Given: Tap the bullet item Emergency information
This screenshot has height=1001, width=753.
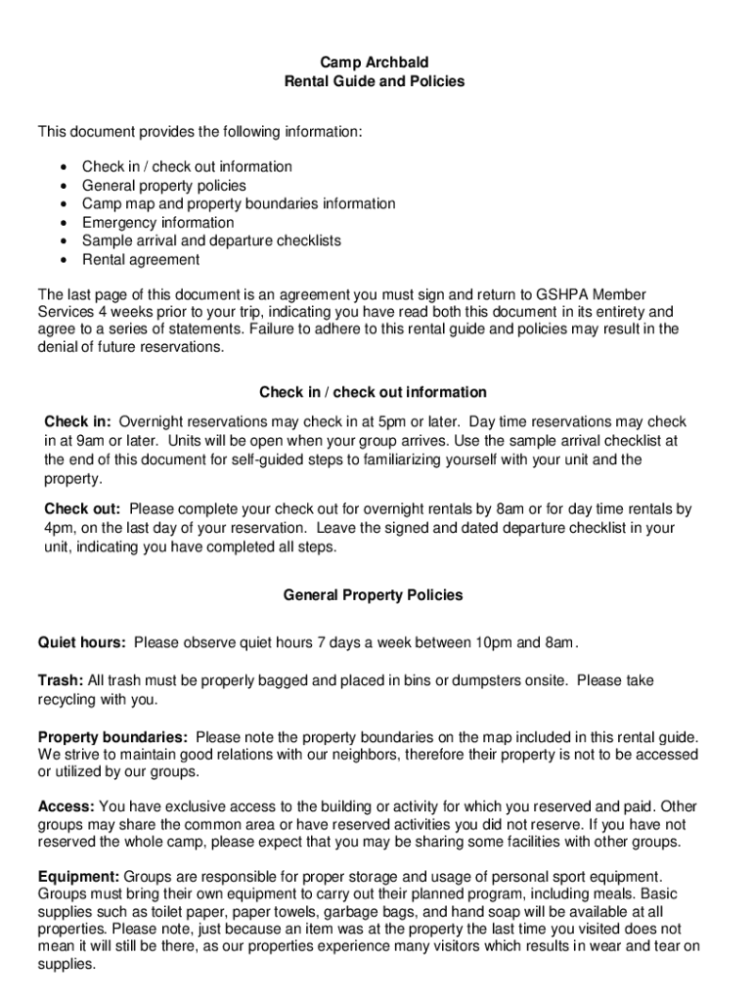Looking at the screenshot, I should [157, 222].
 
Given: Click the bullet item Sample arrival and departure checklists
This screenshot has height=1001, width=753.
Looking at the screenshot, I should [211, 240].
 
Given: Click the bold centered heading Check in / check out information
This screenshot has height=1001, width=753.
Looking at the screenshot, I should [373, 392].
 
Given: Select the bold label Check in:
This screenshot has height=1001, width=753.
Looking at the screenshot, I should [77, 421].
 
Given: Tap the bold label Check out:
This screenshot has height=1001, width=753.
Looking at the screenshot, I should [82, 508].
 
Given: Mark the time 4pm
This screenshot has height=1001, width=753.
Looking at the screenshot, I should [60, 527].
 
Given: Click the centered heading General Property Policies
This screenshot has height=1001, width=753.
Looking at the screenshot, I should [373, 594].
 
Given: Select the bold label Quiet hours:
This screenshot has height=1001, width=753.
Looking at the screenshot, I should [81, 642].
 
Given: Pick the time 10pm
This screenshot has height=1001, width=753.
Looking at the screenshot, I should [494, 642].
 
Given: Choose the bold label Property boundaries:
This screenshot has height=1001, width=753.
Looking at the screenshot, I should [112, 736].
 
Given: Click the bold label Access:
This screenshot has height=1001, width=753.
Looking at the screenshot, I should [66, 806].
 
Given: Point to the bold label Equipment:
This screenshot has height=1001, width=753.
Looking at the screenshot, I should [78, 876].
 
